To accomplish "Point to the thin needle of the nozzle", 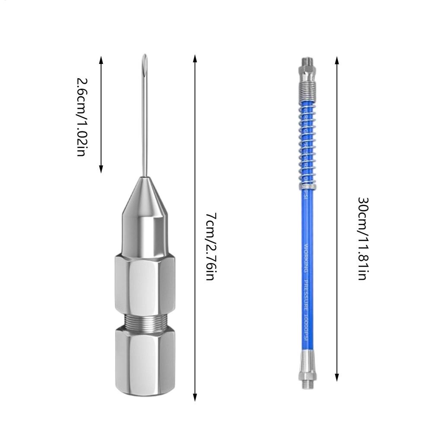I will (x=146, y=117).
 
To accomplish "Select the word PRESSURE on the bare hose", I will (x=305, y=294).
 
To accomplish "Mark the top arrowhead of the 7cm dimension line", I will (x=195, y=58).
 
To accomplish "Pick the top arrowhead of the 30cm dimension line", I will (x=337, y=58).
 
